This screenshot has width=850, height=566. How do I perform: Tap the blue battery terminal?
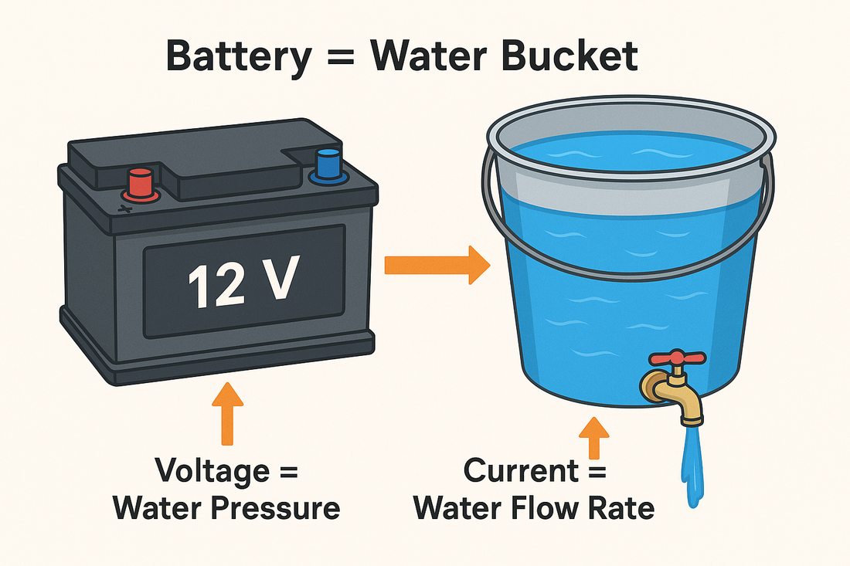pos(328,167)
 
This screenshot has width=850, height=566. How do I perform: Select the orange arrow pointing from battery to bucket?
pos(437,265)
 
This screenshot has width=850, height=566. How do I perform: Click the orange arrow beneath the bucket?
pos(594,438)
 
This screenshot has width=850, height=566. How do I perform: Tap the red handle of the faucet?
pos(677,358)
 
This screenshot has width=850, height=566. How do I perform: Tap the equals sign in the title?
pos(341,56)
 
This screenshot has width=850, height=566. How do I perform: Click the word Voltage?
pos(212,471)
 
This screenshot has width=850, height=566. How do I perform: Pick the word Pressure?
pos(275,509)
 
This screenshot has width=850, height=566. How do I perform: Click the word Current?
pos(520,470)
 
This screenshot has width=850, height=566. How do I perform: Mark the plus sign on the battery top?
pos(125,208)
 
